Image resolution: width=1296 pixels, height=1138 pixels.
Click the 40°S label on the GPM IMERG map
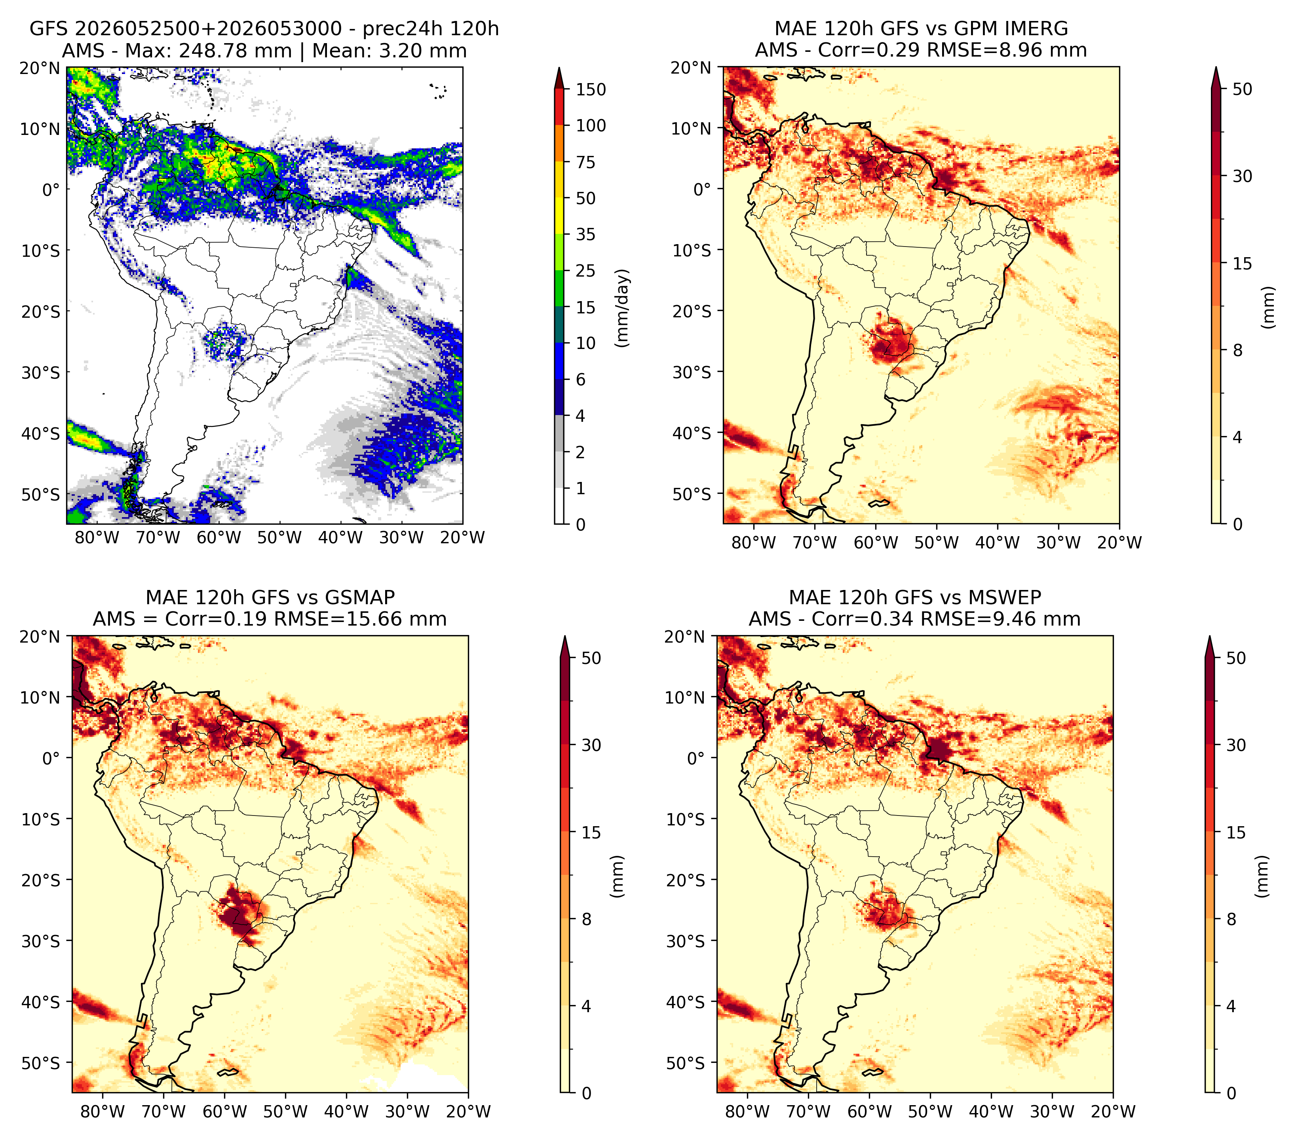point(692,433)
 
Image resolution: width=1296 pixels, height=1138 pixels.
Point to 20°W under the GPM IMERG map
point(1119,542)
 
